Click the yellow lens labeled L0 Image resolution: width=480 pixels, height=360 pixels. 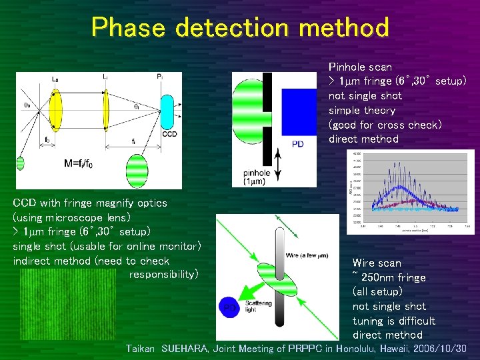coord(54,110)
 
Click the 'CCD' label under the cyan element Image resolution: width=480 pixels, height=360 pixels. coord(169,135)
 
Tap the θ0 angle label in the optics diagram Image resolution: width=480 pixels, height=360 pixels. coord(27,104)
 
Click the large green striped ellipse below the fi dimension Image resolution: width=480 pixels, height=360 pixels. coord(137,167)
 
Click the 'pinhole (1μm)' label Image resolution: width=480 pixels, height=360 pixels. coord(257,178)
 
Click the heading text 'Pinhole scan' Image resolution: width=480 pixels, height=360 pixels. coord(360,67)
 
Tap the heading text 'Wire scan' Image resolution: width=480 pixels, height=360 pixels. coord(377,263)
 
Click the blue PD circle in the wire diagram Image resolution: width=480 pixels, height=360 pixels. coord(229,306)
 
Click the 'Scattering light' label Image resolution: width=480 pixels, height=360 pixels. coord(258,305)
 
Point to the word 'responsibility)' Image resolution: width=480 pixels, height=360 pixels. coord(163,275)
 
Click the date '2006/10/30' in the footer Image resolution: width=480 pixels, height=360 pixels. coord(438,349)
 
